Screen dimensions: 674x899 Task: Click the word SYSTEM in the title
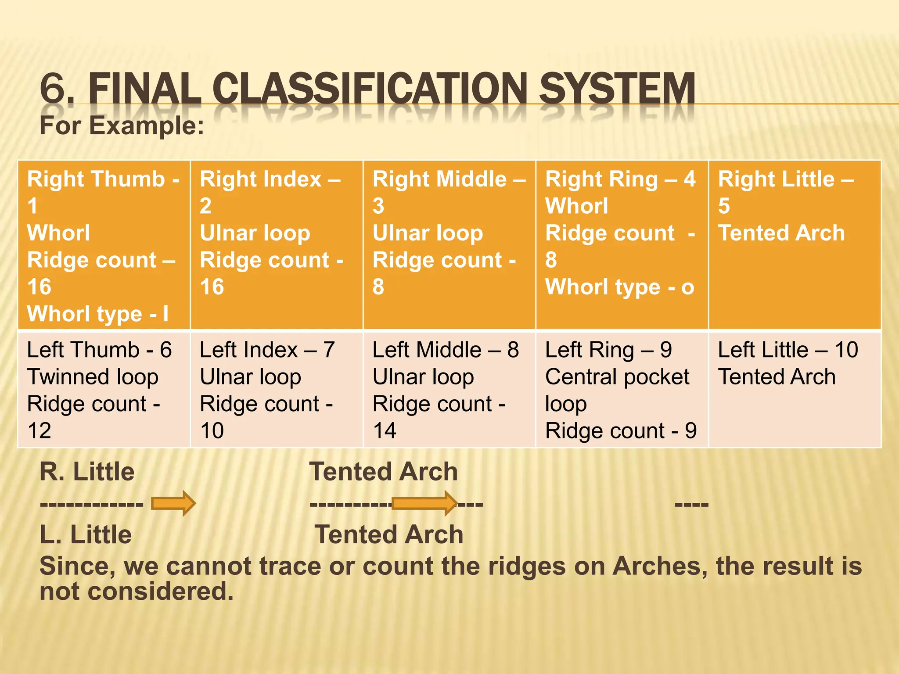click(x=617, y=89)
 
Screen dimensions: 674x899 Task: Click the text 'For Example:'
click(x=122, y=126)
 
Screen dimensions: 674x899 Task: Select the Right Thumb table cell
click(x=104, y=245)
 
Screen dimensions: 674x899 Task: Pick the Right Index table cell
click(x=276, y=245)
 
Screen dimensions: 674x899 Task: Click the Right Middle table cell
click(x=449, y=245)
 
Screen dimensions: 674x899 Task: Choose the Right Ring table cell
click(x=622, y=245)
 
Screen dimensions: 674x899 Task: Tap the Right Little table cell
click(x=795, y=245)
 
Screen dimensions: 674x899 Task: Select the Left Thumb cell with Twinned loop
click(x=104, y=390)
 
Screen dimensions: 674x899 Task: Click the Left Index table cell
click(x=276, y=390)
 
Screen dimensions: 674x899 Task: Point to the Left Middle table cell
click(x=449, y=390)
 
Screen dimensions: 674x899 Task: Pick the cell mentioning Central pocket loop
click(x=622, y=390)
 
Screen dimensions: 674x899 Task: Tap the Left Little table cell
click(x=795, y=390)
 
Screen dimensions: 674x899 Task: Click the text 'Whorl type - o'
click(x=619, y=287)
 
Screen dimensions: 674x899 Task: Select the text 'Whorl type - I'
click(x=97, y=314)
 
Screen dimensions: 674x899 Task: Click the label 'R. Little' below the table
click(x=87, y=472)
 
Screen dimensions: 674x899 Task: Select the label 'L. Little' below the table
click(x=86, y=534)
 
